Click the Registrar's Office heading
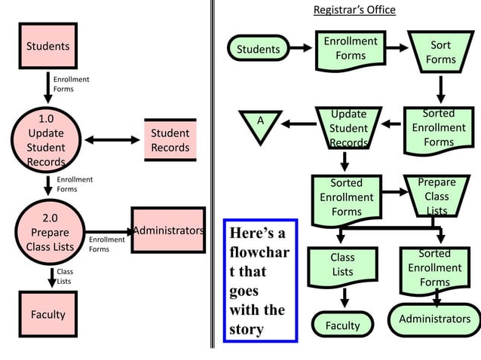(354, 10)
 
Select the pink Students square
(48, 46)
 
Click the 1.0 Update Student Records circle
(47, 140)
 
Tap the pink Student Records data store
(170, 140)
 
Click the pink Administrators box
(168, 230)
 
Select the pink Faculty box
(48, 314)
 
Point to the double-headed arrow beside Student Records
(112, 140)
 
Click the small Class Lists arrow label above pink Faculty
(65, 276)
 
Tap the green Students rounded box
(259, 50)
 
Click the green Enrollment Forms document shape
(350, 49)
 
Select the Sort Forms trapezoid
(440, 52)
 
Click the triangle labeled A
(260, 124)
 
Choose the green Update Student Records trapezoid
(348, 129)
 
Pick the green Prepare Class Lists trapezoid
(436, 195)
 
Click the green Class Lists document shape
(343, 266)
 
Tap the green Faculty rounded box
(343, 325)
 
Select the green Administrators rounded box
(434, 319)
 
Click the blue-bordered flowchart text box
(261, 280)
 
